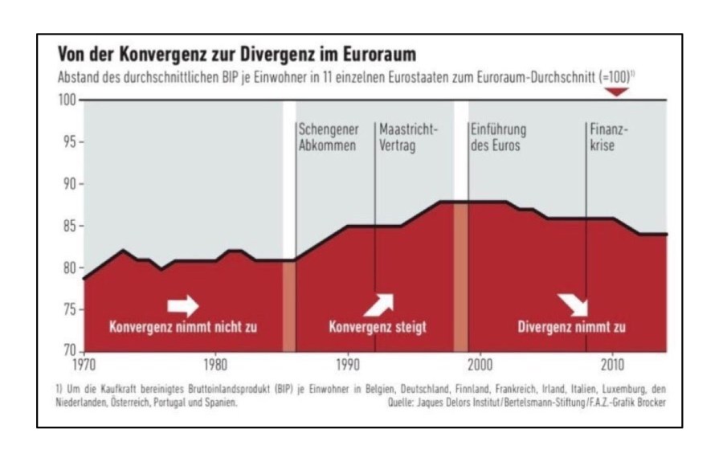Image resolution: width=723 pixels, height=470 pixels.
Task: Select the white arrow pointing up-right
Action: pyautogui.click(x=380, y=304)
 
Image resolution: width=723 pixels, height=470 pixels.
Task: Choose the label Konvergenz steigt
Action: pyautogui.click(x=377, y=328)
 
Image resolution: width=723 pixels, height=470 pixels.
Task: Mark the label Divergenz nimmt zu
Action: pyautogui.click(x=571, y=328)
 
